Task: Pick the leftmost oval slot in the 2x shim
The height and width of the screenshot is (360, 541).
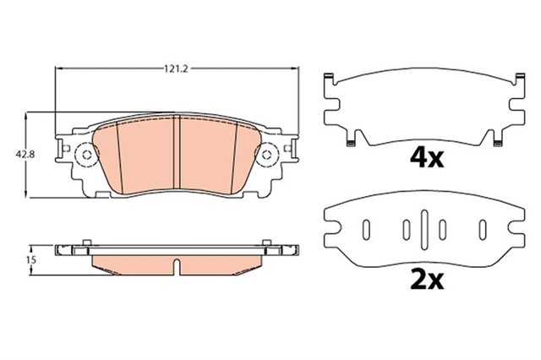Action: (366, 228)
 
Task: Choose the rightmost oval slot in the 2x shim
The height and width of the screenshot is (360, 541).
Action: (482, 228)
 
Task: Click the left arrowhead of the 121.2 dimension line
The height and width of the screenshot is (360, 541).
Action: (58, 68)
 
